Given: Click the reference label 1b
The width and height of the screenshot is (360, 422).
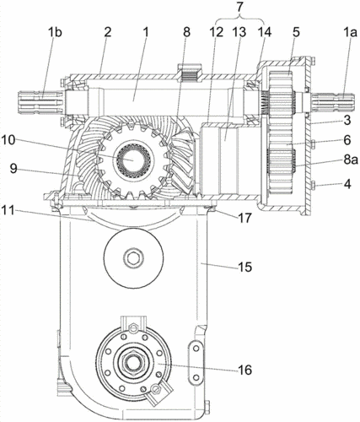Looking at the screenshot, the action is (x=55, y=33).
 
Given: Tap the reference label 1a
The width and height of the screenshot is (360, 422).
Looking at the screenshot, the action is (x=349, y=33).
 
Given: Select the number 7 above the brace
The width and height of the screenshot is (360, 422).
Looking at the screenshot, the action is (x=239, y=8).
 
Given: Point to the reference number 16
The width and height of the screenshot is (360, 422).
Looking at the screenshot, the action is (x=244, y=370).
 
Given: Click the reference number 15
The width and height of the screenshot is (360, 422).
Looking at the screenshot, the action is (x=244, y=267).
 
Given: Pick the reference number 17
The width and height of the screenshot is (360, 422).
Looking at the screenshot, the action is (x=244, y=218).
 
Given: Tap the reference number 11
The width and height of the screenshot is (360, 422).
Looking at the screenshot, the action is (x=8, y=210).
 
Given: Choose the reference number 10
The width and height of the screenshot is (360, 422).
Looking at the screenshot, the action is (x=8, y=140).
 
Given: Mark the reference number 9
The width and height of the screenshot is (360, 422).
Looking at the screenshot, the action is (x=13, y=169).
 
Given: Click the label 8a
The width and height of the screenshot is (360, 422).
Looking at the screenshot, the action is (x=351, y=160).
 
